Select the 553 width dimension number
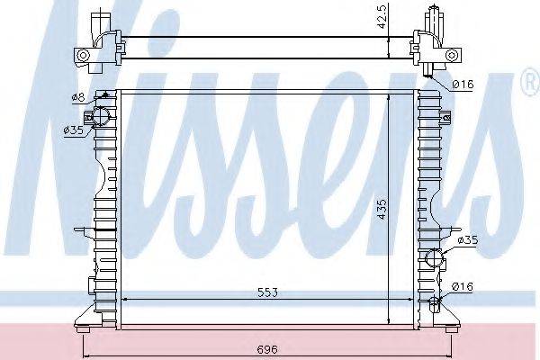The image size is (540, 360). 266,292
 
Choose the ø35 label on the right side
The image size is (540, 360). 467,240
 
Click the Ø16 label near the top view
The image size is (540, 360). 463,85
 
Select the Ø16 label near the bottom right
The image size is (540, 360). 463,287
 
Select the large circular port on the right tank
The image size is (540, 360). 435,258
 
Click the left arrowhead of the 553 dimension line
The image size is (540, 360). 123,300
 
